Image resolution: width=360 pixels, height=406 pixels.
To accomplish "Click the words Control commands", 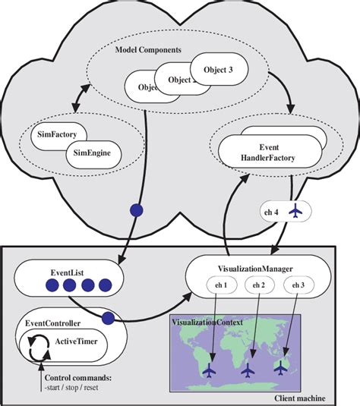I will click(x=78, y=377).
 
